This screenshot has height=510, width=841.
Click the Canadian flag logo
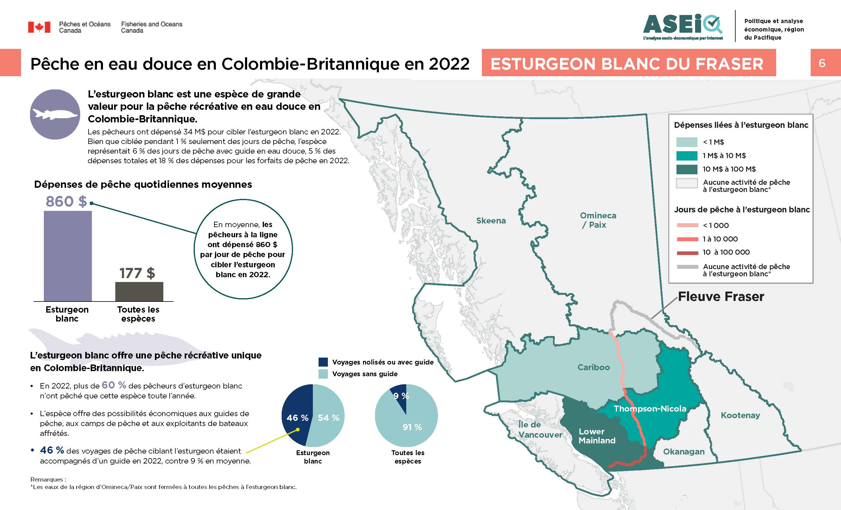click(x=39, y=27)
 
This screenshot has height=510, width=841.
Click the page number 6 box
click(x=822, y=63)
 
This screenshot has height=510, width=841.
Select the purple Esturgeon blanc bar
click(x=68, y=256)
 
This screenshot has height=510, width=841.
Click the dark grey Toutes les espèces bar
click(x=139, y=291)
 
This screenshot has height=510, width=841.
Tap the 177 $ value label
click(x=137, y=273)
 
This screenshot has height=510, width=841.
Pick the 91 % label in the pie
click(x=412, y=427)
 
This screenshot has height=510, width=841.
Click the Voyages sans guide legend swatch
click(x=323, y=374)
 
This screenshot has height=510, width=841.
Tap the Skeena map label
click(x=491, y=221)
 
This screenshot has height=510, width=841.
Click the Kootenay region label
click(x=740, y=415)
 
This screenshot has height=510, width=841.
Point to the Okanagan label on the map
click(x=684, y=452)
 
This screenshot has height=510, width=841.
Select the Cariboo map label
click(x=594, y=367)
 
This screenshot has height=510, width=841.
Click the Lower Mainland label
click(x=597, y=436)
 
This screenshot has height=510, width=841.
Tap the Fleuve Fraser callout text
click(x=721, y=296)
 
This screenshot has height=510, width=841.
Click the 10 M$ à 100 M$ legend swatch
click(x=687, y=169)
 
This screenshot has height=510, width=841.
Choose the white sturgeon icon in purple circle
click(x=55, y=114)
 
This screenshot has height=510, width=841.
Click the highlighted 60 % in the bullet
click(x=114, y=385)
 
